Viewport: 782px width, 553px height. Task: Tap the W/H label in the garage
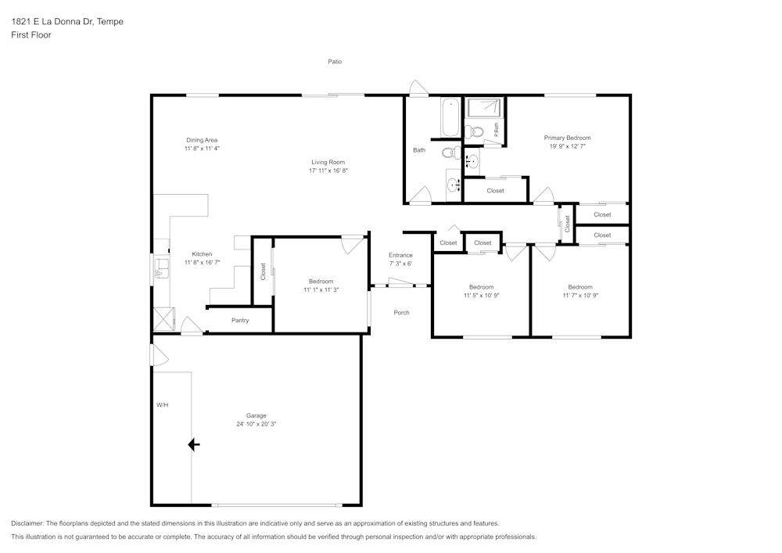(162, 405)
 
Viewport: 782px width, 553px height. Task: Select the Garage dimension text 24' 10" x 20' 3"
(256, 424)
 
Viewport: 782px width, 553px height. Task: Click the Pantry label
(240, 320)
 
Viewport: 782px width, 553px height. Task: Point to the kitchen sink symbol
(163, 269)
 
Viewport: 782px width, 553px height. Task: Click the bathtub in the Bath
(450, 118)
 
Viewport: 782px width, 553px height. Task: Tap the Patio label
(335, 61)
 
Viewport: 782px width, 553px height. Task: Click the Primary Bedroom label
(567, 138)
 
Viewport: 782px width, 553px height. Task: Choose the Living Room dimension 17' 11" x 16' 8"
(328, 171)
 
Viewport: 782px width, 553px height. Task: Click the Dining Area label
(202, 140)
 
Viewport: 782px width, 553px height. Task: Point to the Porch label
(401, 313)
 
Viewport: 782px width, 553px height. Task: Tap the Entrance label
(400, 255)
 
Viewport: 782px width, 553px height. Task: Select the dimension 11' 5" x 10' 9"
(481, 296)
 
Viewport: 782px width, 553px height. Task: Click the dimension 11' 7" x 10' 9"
(579, 296)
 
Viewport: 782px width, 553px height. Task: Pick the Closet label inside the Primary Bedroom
(495, 191)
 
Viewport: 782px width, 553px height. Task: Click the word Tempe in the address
(109, 22)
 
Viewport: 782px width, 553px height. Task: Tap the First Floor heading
(31, 35)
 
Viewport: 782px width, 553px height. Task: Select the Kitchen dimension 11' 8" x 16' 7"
(202, 263)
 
